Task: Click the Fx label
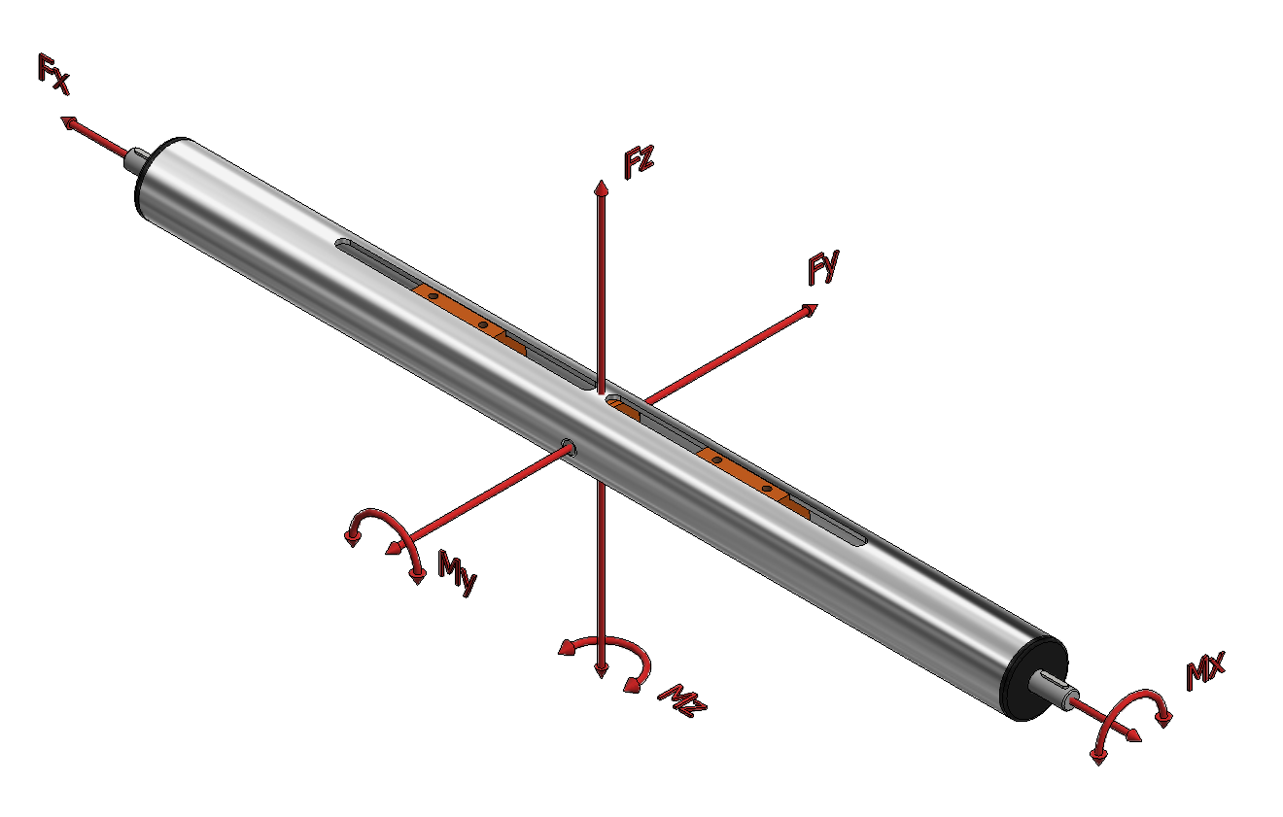click(x=53, y=74)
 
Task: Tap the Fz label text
click(x=639, y=162)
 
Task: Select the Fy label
click(x=823, y=267)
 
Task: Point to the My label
click(x=457, y=572)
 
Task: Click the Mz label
click(x=682, y=700)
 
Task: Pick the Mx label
click(x=1205, y=670)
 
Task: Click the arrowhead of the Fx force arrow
click(x=69, y=122)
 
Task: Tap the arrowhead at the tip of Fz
click(x=601, y=187)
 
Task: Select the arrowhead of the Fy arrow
click(x=810, y=310)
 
